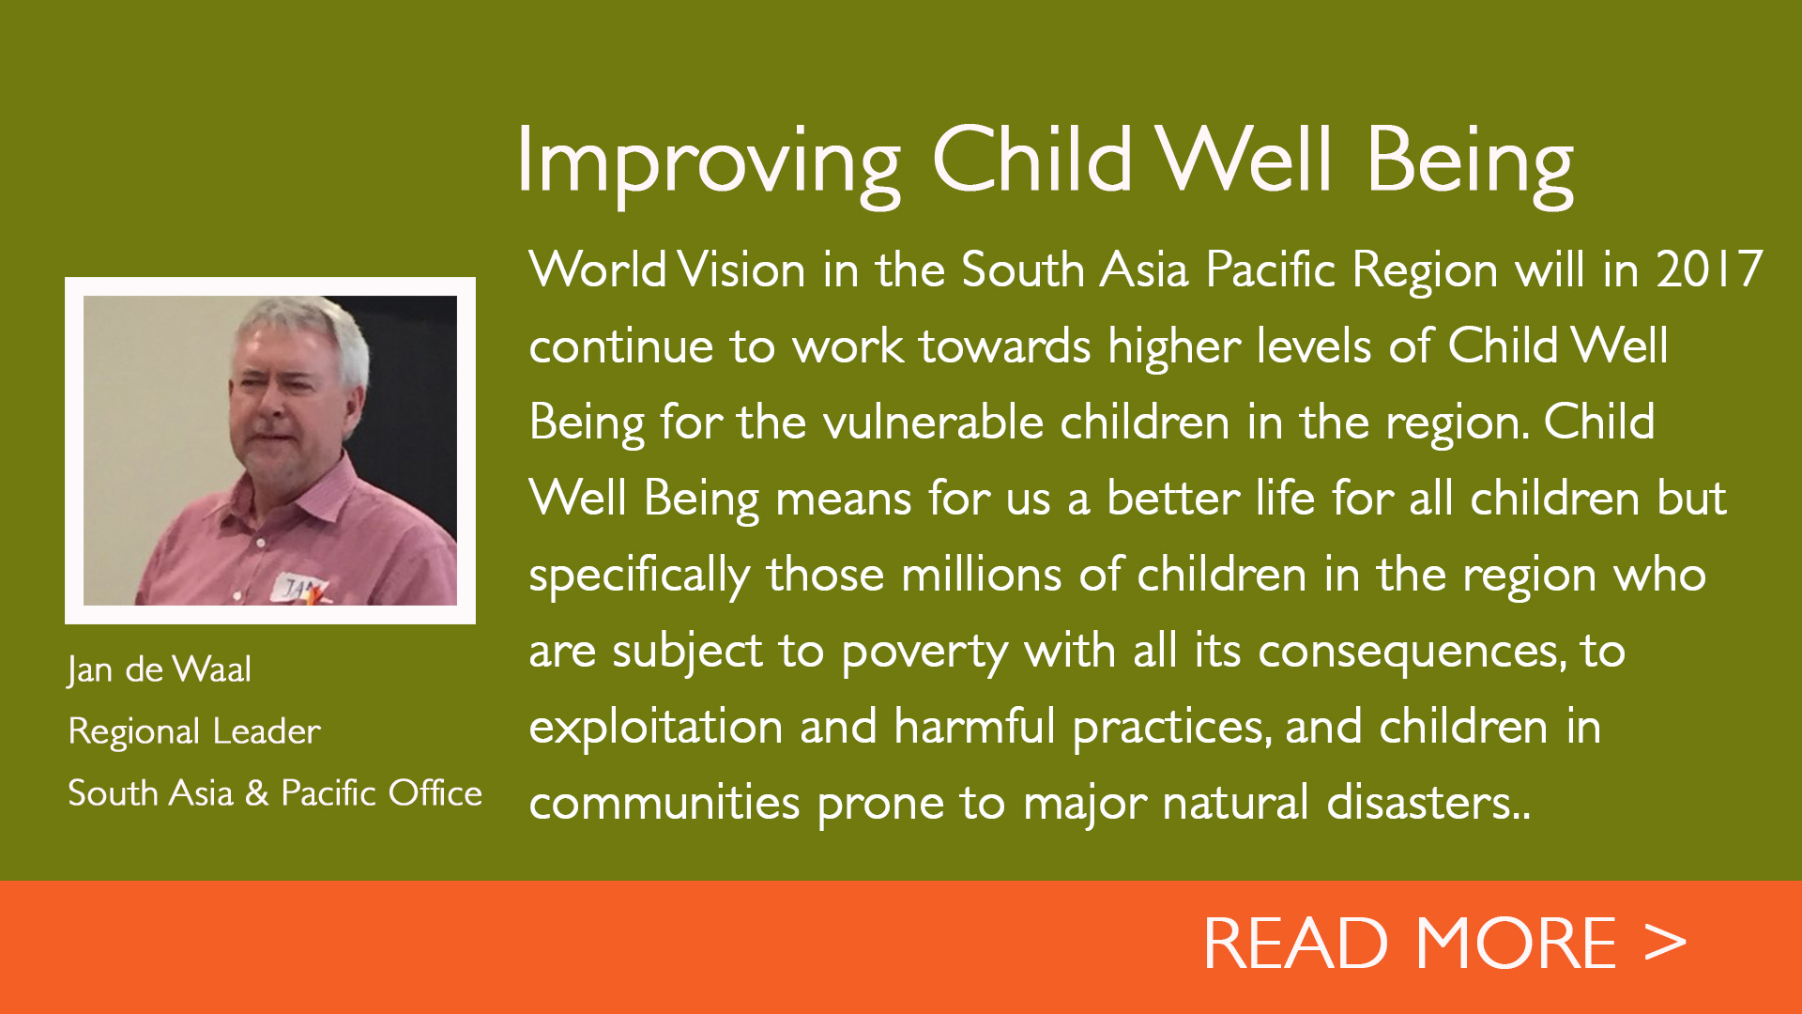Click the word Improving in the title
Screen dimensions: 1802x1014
(709, 161)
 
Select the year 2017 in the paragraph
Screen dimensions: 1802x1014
(1709, 269)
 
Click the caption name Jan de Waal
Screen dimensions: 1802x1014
(160, 669)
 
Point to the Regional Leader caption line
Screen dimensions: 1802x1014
(194, 731)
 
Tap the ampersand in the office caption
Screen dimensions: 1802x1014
(256, 793)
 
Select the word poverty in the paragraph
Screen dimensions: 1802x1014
(924, 652)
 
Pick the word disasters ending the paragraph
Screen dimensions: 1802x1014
(1421, 803)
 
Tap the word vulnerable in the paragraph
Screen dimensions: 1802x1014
(934, 422)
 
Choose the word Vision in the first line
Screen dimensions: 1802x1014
(741, 269)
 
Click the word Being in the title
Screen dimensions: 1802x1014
(1470, 161)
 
